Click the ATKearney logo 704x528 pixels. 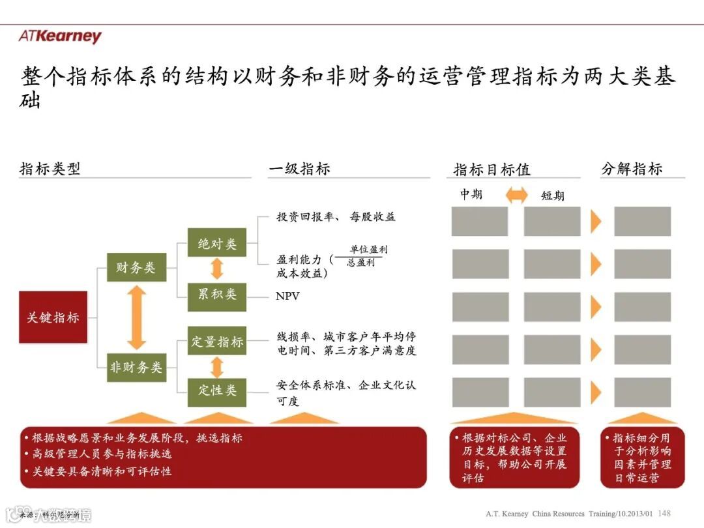pyautogui.click(x=60, y=37)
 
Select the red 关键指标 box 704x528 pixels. pyautogui.click(x=53, y=317)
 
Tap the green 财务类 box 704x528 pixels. pyautogui.click(x=136, y=267)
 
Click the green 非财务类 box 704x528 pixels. pyautogui.click(x=136, y=367)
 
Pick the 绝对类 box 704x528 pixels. pyautogui.click(x=217, y=244)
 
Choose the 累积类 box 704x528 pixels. pyautogui.click(x=217, y=294)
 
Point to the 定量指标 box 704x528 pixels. pyautogui.click(x=217, y=342)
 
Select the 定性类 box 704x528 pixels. pyautogui.click(x=217, y=390)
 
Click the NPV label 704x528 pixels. pyautogui.click(x=287, y=296)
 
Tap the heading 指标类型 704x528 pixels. pyautogui.click(x=50, y=169)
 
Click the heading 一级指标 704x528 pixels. pyautogui.click(x=300, y=169)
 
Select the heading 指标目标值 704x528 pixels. pyautogui.click(x=492, y=169)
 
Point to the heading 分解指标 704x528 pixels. pyautogui.click(x=632, y=169)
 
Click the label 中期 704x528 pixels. pyautogui.click(x=471, y=194)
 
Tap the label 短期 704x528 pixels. pyautogui.click(x=553, y=195)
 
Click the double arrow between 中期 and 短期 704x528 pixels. pyautogui.click(x=517, y=194)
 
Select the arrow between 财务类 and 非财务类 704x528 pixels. pyautogui.click(x=136, y=317)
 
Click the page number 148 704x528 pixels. pyautogui.click(x=665, y=513)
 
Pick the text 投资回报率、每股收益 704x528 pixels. pyautogui.click(x=336, y=216)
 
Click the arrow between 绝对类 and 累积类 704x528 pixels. pyautogui.click(x=217, y=269)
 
